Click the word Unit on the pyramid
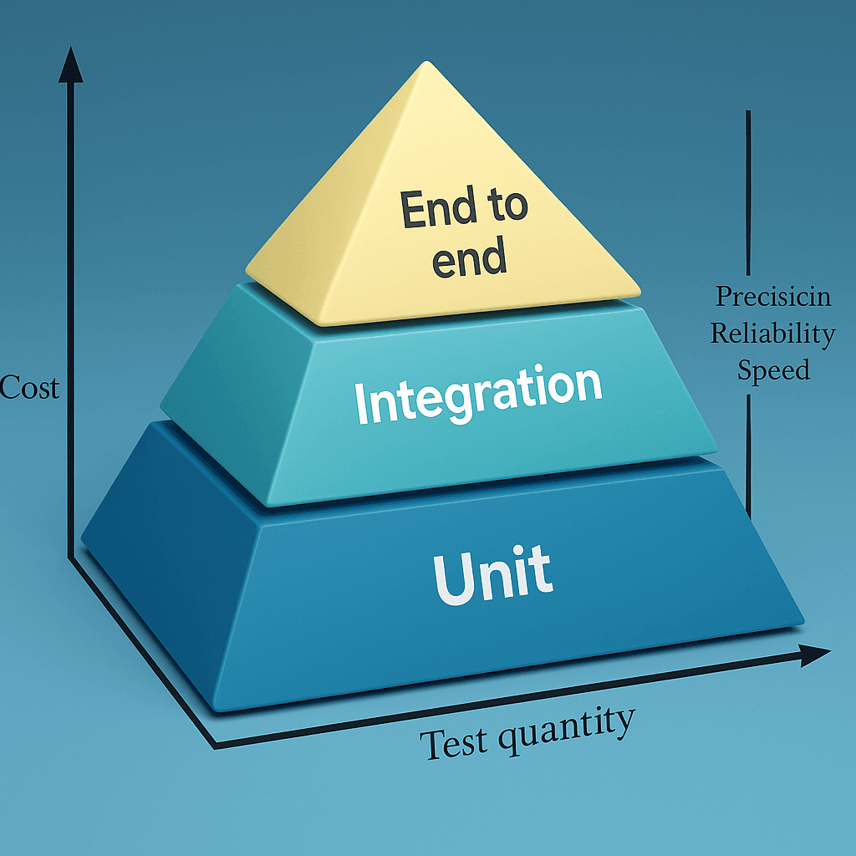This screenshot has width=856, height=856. (493, 575)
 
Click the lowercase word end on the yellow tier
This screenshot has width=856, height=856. (469, 257)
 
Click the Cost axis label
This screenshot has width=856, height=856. (29, 387)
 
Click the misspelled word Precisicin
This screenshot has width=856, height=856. (773, 297)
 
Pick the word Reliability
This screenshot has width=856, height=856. (773, 334)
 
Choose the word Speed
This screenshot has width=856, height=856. (773, 369)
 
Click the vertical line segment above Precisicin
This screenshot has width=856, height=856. (748, 192)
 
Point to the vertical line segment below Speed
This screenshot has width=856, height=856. (748, 456)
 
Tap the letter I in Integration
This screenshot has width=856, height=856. (361, 402)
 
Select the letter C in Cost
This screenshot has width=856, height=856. (8, 388)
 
